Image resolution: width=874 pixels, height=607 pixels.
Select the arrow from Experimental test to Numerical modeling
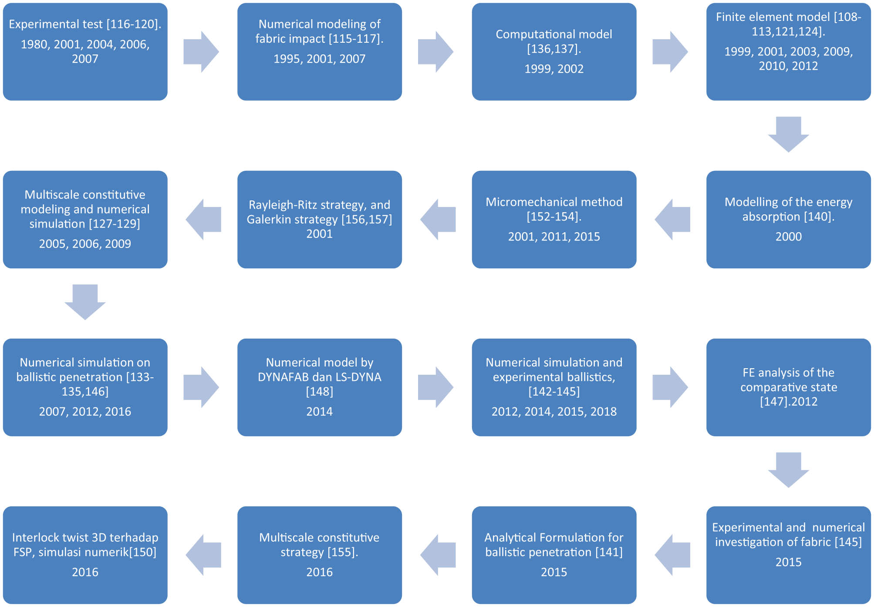(x=201, y=52)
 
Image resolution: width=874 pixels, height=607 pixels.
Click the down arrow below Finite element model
(x=788, y=134)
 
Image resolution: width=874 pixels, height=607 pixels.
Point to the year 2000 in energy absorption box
(x=788, y=237)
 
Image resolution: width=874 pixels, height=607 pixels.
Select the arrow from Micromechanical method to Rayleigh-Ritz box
(x=438, y=220)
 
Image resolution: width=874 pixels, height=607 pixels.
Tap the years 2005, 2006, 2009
(x=85, y=244)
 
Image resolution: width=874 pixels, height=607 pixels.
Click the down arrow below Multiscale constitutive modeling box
(x=85, y=302)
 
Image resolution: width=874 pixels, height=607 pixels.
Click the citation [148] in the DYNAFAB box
(x=319, y=392)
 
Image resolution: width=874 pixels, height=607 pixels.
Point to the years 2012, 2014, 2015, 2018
(x=554, y=412)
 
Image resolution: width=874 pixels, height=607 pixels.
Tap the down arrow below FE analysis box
(x=788, y=470)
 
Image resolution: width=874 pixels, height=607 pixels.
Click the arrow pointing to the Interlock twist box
(x=203, y=555)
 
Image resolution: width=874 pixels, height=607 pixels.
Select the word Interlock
(x=36, y=538)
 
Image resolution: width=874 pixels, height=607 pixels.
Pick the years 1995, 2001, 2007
(x=319, y=59)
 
